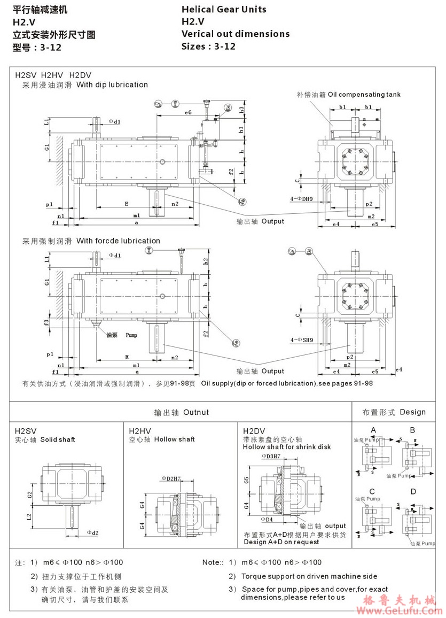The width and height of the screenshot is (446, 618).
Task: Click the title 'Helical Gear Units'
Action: click(224, 9)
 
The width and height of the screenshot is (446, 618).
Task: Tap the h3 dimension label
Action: click(241, 109)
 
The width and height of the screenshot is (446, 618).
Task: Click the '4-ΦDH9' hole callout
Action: click(301, 198)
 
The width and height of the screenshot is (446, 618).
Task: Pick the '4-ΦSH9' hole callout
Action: click(301, 339)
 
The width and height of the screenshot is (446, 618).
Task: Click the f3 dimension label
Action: click(47, 322)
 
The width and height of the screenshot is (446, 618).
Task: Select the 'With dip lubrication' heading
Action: click(112, 84)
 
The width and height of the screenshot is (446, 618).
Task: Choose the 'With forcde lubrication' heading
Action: click(118, 241)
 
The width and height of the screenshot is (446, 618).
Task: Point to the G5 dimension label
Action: click(246, 480)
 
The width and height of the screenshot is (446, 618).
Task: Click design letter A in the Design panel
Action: click(373, 430)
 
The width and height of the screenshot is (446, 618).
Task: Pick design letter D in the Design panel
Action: click(412, 491)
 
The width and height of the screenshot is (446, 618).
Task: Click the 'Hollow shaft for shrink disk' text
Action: click(287, 446)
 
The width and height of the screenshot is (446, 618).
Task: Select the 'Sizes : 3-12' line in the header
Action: click(208, 46)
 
